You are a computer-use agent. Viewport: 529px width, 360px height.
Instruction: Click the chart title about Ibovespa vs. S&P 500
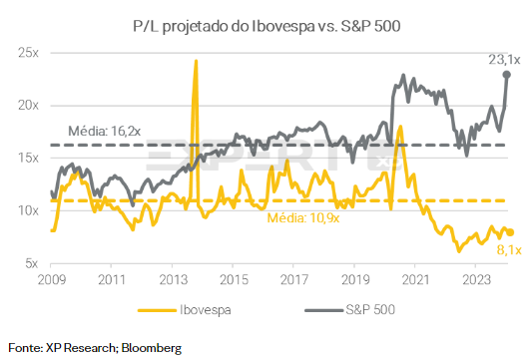264,22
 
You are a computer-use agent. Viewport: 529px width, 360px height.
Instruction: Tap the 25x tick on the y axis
25,52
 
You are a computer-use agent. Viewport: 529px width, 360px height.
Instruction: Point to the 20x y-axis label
25,105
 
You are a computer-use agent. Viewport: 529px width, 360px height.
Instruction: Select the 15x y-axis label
25,158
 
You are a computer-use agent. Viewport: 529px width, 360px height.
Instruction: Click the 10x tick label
25,210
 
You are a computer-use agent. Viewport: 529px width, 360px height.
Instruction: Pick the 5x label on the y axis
28,263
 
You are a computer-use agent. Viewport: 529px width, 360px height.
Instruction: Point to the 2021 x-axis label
416,280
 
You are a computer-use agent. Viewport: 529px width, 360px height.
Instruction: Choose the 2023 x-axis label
478,280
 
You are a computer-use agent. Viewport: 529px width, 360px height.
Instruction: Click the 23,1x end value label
504,60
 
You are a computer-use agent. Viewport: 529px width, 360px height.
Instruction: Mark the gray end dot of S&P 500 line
507,74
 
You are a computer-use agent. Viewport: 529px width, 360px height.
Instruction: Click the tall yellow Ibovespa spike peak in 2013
195,62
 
